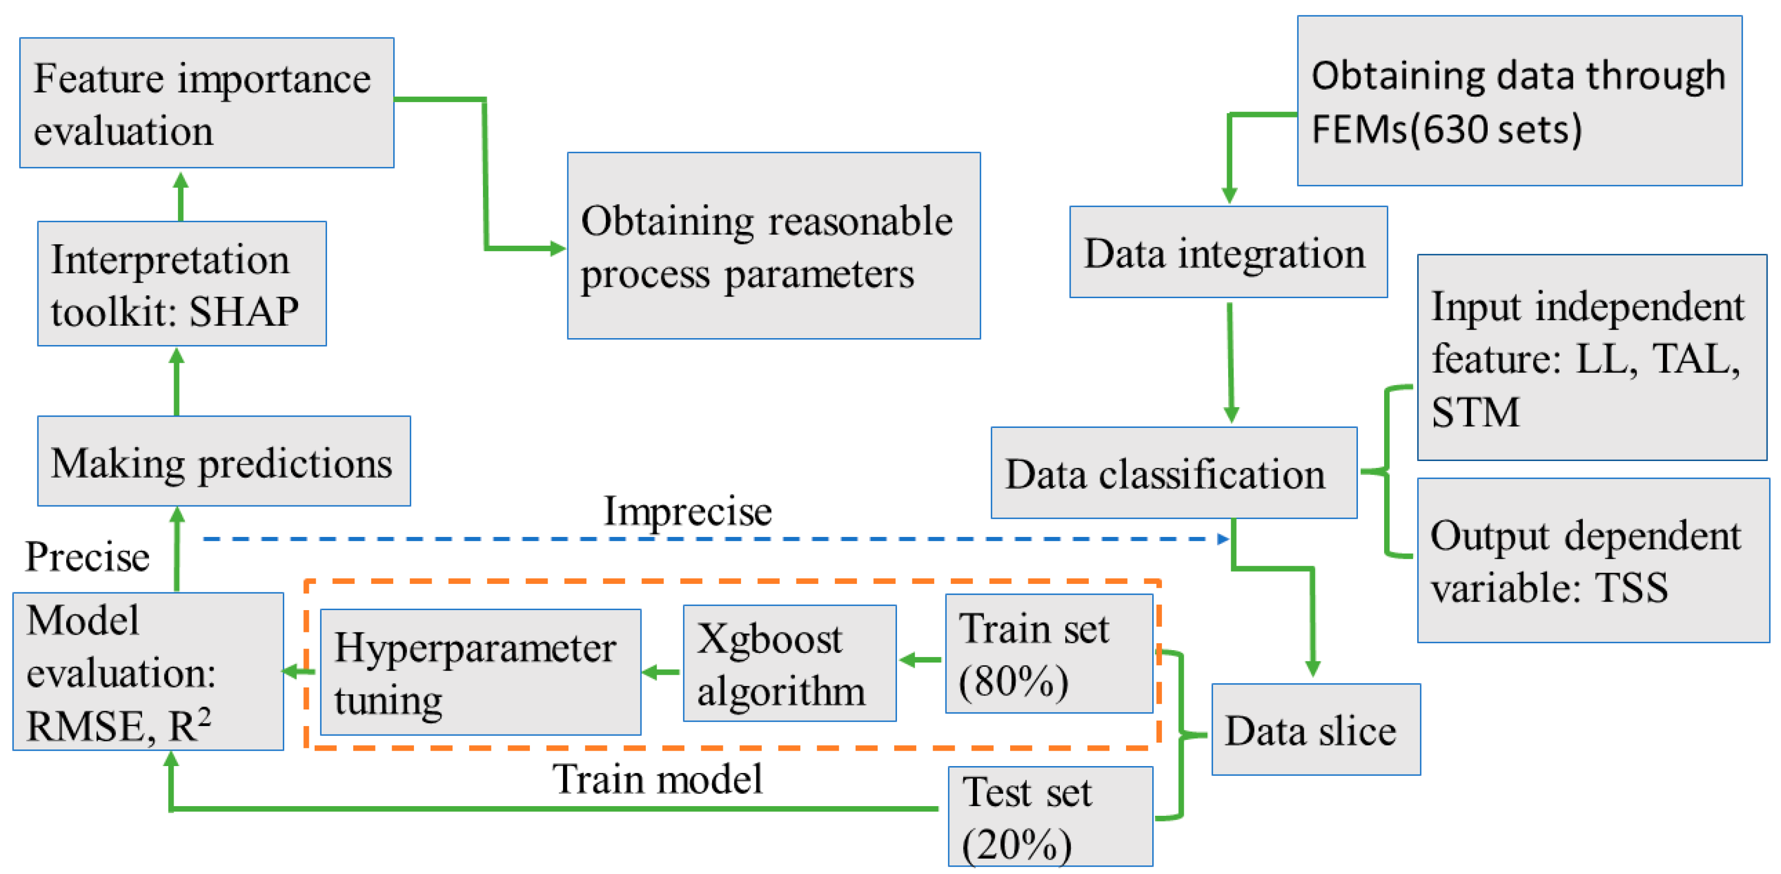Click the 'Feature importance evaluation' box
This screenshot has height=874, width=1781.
point(206,103)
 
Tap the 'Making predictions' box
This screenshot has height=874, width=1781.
point(223,461)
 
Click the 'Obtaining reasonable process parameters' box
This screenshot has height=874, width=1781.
point(773,245)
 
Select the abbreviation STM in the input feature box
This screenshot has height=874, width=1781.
point(1475,412)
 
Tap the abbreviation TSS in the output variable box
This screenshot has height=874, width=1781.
point(1631,588)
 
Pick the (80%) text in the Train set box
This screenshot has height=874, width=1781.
point(1013,681)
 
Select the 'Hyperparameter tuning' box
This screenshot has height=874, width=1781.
point(480,672)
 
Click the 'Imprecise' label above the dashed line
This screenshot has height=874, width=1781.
point(687,512)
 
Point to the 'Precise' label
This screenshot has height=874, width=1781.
point(87,557)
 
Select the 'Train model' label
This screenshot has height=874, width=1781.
point(657,779)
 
